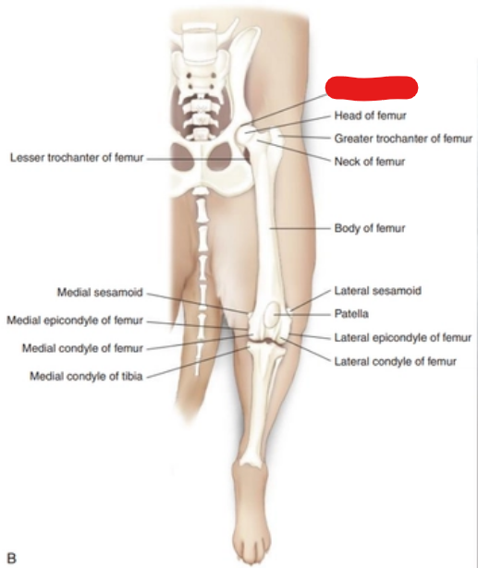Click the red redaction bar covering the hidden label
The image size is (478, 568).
pos(372,88)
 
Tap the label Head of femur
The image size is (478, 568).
pos(370,115)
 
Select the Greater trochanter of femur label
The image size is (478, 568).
pos(403,139)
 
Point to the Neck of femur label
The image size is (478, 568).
pos(369,162)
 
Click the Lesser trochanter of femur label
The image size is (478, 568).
pos(77,158)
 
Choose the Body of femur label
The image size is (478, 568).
pos(370,228)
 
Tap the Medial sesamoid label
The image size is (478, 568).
pos(100,292)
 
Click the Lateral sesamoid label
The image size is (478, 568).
pos(377,291)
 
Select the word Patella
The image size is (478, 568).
pos(351,313)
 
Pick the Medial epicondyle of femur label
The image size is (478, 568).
pos(75,320)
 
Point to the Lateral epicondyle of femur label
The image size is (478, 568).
pos(402,338)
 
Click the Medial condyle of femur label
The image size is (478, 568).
pos(82,348)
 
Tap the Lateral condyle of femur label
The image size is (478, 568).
pos(395,361)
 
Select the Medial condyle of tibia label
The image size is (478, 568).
pos(86,376)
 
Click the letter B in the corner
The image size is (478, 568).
pos(12,558)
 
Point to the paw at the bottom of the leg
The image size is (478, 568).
pos(252,518)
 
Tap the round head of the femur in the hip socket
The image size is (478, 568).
pos(244,135)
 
